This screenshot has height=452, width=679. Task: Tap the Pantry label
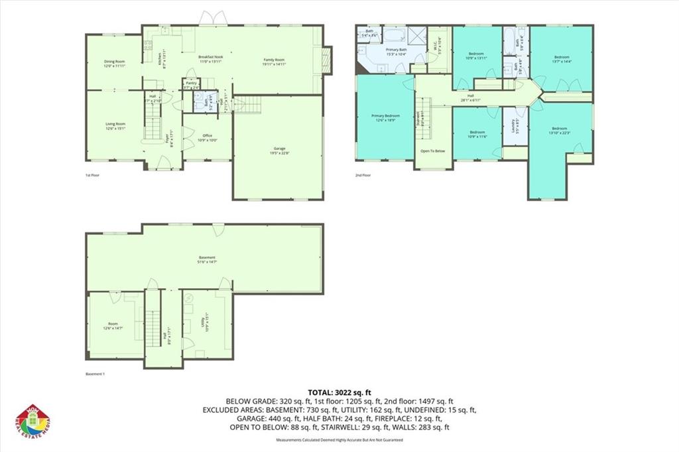(x=191, y=84)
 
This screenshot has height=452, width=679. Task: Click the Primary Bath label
(x=397, y=52)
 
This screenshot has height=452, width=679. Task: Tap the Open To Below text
(x=432, y=151)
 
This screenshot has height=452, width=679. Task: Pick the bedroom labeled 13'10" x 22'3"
(x=559, y=130)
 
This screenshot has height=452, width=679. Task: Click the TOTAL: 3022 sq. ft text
(x=339, y=392)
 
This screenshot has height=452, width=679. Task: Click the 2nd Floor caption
(x=362, y=175)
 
